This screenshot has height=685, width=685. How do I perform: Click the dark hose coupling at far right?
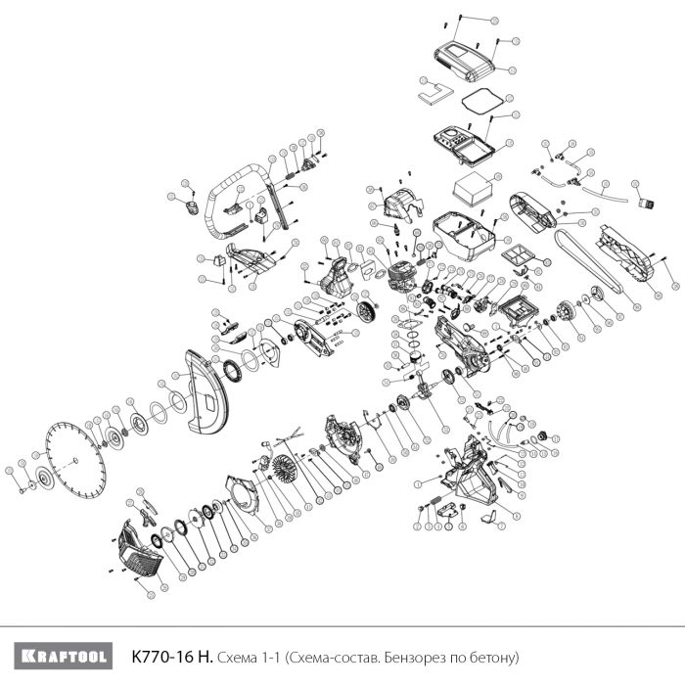[x=645, y=205]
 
